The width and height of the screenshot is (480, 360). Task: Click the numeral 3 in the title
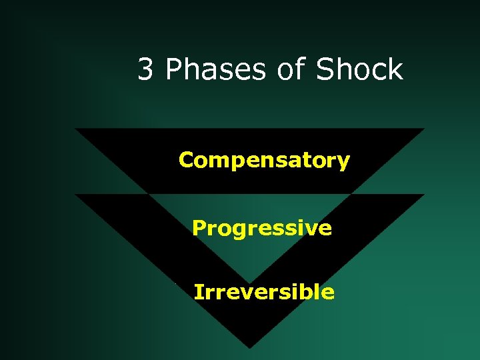145,69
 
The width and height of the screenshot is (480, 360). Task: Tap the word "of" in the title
288,69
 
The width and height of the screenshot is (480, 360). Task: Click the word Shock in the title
359,69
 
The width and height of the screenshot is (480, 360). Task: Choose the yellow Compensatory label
264,161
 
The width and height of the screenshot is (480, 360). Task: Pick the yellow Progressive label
261,229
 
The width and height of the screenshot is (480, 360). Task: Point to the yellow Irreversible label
264,292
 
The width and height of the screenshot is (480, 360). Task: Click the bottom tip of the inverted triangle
249,347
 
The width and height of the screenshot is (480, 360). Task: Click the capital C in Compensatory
186,160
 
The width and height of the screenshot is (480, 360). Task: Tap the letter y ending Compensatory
343,163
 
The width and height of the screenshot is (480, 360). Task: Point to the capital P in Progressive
199,228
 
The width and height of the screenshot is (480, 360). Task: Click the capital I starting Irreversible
197,291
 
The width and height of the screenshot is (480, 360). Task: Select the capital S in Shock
325,69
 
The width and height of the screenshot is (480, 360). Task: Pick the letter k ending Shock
396,69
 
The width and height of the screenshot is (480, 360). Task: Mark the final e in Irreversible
328,293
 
